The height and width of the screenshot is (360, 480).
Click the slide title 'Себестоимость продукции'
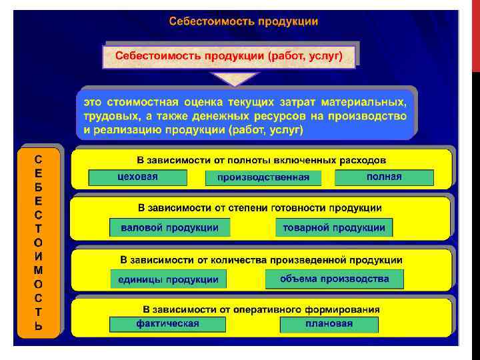243,21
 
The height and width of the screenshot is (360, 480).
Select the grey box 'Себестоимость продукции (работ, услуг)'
229,56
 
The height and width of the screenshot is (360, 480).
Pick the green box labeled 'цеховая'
137,177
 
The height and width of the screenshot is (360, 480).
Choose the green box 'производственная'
263,178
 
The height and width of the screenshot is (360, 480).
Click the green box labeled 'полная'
384,177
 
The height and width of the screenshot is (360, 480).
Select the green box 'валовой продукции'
169,227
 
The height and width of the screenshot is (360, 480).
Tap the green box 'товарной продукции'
334,227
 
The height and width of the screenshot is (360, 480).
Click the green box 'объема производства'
334,279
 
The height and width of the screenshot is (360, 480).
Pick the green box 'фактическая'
168,324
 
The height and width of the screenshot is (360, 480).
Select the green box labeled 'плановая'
329,325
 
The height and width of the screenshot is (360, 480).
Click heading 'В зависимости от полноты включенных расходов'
261,160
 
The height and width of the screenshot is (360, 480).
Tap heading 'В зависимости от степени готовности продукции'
260,208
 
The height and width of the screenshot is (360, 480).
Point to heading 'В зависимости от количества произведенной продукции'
261,259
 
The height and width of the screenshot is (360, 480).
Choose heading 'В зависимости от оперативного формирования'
261,309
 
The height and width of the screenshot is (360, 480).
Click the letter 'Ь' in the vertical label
39,327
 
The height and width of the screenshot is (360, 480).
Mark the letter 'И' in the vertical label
39,256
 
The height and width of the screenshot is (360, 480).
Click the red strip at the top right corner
475,33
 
